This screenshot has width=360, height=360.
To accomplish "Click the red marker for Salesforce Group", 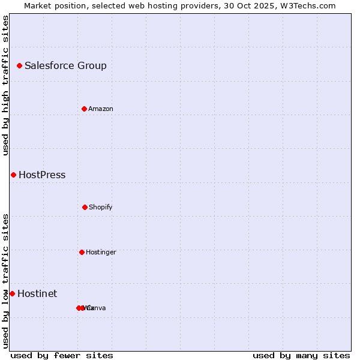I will pyautogui.click(x=19, y=65).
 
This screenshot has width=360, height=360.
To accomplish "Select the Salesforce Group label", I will pyautogui.click(x=65, y=66).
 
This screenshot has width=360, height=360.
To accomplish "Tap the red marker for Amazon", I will pyautogui.click(x=84, y=109).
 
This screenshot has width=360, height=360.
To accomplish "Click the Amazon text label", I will pyautogui.click(x=101, y=109).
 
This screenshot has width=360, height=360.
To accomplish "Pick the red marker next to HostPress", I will pyautogui.click(x=13, y=175).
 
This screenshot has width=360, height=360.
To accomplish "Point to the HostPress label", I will pyautogui.click(x=42, y=175).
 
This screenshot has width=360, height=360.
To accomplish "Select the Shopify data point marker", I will pyautogui.click(x=85, y=207).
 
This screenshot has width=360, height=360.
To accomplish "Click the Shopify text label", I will pyautogui.click(x=101, y=208).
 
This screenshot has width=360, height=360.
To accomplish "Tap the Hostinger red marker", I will pyautogui.click(x=82, y=252).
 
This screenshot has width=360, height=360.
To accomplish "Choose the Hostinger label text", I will pyautogui.click(x=101, y=253).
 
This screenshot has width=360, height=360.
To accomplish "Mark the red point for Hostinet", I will pyautogui.click(x=12, y=293).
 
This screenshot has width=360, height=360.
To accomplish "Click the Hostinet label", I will pyautogui.click(x=37, y=294).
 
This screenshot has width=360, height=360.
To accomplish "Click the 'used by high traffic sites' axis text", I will pyautogui.click(x=5, y=85).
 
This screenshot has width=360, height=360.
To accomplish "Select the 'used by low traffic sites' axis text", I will pyautogui.click(x=5, y=281).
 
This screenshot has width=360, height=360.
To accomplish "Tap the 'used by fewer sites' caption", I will pyautogui.click(x=62, y=355).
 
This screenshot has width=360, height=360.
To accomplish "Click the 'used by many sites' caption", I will pyautogui.click(x=301, y=355).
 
